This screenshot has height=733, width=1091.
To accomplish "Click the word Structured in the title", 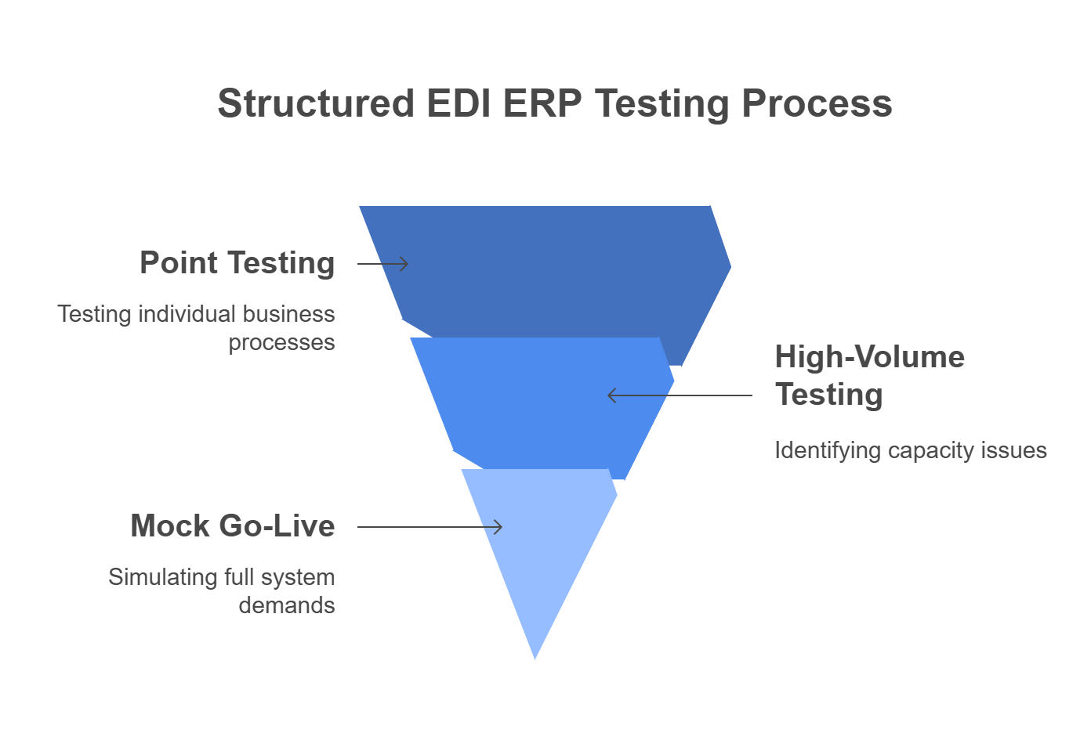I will tap(316, 104).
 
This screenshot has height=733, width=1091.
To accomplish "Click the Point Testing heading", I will tap(237, 263).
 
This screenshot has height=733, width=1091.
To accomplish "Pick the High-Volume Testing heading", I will tap(868, 376).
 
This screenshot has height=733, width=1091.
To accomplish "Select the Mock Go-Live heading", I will tap(233, 526).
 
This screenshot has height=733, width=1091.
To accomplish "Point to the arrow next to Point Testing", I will tap(383, 264).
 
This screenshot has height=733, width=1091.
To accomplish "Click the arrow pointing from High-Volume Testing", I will tap(679, 395).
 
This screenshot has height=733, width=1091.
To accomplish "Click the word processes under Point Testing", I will tap(281, 343).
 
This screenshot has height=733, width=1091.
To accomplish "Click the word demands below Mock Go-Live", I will tap(287, 605).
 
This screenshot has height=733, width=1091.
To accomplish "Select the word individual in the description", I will tap(187, 314).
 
